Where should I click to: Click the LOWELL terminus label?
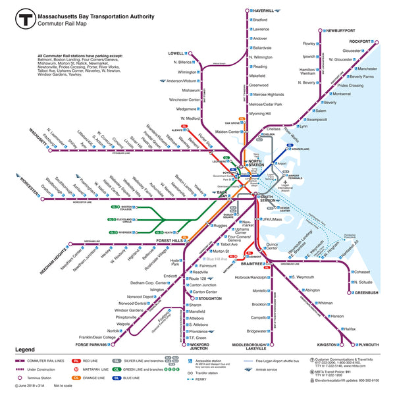coord(175,53)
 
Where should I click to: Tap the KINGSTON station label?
coord(327,344)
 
